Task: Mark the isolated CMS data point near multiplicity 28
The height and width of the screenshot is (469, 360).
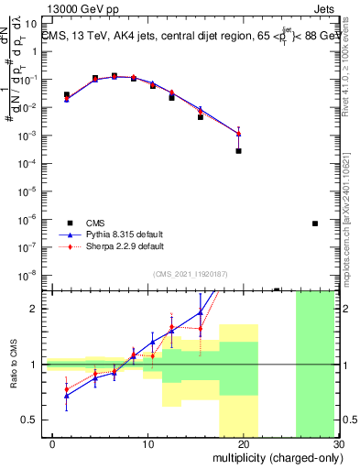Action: [x=314, y=223]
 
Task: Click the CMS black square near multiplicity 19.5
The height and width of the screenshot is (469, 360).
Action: [x=238, y=150]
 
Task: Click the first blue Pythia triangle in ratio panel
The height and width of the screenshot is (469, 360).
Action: [x=66, y=395]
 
